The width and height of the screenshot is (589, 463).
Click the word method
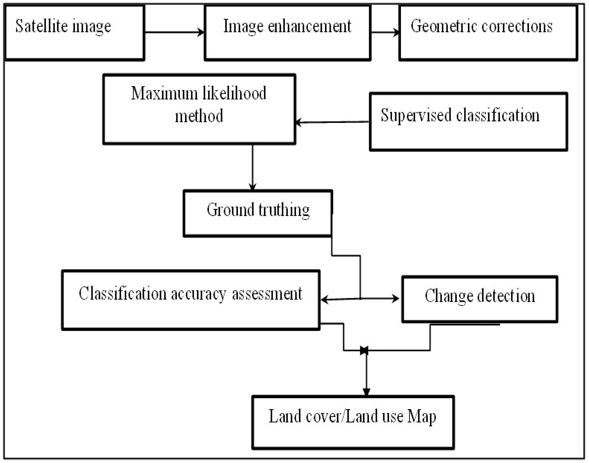199,116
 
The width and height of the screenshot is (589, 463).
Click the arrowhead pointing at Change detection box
396,299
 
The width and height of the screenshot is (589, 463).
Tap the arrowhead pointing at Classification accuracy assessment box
324,300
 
